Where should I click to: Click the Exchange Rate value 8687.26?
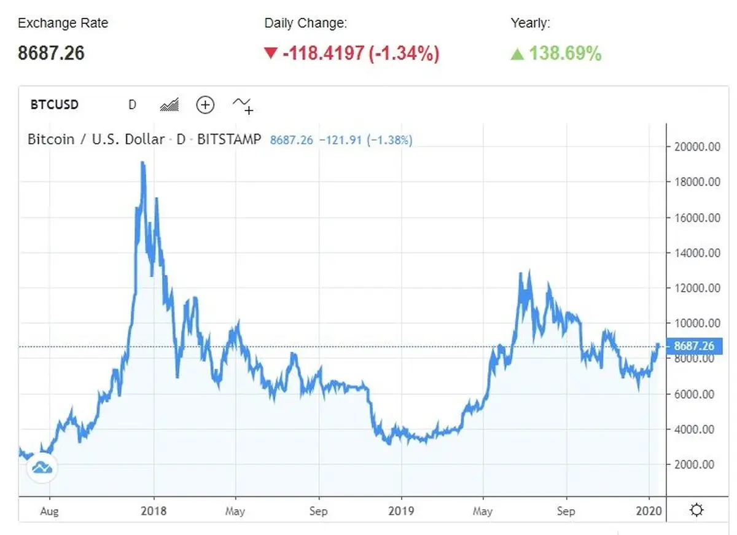tap(51, 53)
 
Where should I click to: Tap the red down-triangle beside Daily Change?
tap(271, 53)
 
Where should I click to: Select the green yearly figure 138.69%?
tap(565, 53)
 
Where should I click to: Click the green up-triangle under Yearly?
tap(517, 53)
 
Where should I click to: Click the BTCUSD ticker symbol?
tap(54, 104)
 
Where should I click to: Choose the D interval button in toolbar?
tap(132, 104)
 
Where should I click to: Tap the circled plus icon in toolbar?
tap(205, 105)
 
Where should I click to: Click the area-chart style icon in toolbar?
tap(169, 104)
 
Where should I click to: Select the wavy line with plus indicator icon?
tap(243, 106)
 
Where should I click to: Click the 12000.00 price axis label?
tap(697, 288)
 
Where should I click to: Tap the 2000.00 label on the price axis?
tap(694, 464)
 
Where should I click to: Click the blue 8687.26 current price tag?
tap(694, 346)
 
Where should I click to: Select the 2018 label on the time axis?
tap(154, 510)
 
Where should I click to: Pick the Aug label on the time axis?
tap(49, 511)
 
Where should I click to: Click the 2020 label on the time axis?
tap(649, 510)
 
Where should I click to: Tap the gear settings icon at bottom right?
tap(696, 510)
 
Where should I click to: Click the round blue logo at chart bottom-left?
tap(42, 467)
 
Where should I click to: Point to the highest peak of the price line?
tap(142, 162)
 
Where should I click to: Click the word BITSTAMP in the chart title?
tap(229, 139)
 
